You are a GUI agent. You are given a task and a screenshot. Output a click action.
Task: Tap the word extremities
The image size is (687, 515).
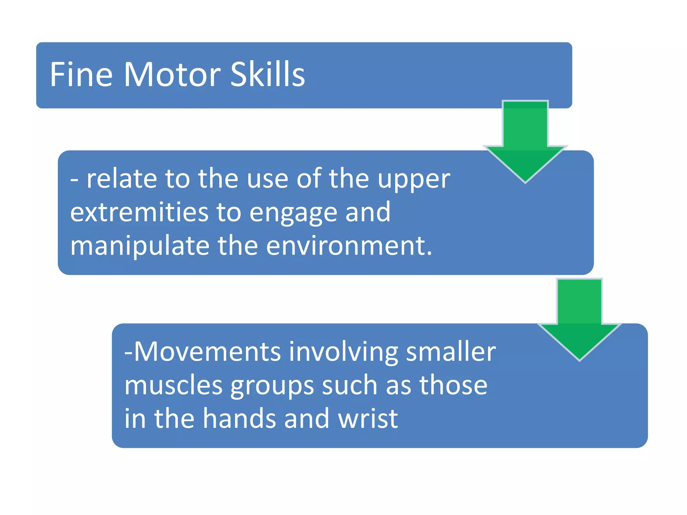[x=139, y=212]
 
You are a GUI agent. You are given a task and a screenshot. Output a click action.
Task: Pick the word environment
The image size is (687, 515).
[x=349, y=246]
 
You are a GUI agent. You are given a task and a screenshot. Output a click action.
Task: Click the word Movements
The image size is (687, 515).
[x=207, y=352]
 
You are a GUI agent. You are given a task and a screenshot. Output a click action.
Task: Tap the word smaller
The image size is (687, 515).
[x=451, y=352]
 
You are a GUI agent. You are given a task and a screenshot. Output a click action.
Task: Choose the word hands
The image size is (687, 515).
[x=239, y=419]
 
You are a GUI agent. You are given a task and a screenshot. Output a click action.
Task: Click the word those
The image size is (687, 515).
[x=453, y=385]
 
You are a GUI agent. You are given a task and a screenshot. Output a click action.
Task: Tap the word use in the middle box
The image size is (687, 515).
[x=268, y=180]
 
